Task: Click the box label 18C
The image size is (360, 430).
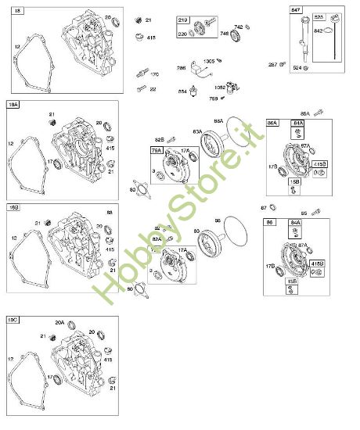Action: click(13, 321)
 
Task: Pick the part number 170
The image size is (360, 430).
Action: click(154, 74)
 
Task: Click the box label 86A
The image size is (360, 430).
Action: click(272, 123)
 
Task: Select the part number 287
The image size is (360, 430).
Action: click(272, 64)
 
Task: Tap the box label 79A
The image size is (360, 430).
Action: click(157, 149)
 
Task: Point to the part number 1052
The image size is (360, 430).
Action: click(220, 87)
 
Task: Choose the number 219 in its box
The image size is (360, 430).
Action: click(183, 19)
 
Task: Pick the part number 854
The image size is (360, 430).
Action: click(183, 90)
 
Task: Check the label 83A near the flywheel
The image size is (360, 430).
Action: click(197, 131)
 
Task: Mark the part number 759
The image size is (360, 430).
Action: click(214, 99)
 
